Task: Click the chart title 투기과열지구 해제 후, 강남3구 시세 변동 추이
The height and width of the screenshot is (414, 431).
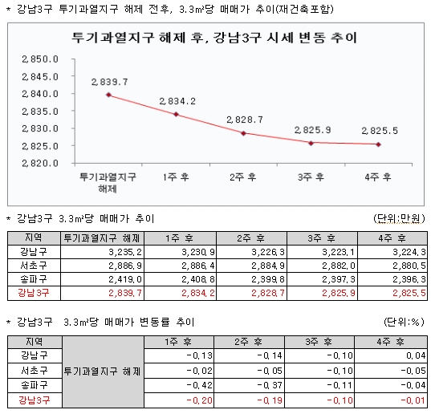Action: point(214,38)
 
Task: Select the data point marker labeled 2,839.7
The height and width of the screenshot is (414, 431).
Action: point(109,95)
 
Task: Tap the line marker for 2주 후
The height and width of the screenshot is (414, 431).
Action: point(243,133)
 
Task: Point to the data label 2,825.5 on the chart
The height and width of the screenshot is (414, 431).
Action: point(380,131)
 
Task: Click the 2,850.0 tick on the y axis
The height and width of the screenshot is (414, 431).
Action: point(40,59)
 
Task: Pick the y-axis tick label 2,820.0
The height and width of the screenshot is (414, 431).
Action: point(40,164)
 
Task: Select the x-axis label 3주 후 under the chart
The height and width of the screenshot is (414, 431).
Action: point(311,177)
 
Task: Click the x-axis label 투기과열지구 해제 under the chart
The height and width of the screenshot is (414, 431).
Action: point(108,182)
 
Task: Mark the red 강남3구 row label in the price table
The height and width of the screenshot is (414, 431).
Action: point(34,293)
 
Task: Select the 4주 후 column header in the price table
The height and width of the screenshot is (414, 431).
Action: point(392,238)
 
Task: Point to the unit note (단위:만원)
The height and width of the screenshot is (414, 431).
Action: point(399,219)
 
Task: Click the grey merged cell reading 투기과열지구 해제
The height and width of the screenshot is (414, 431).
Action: point(102,371)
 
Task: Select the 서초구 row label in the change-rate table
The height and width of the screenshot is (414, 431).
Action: point(35,371)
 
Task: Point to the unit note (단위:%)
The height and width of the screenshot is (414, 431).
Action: point(404,322)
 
